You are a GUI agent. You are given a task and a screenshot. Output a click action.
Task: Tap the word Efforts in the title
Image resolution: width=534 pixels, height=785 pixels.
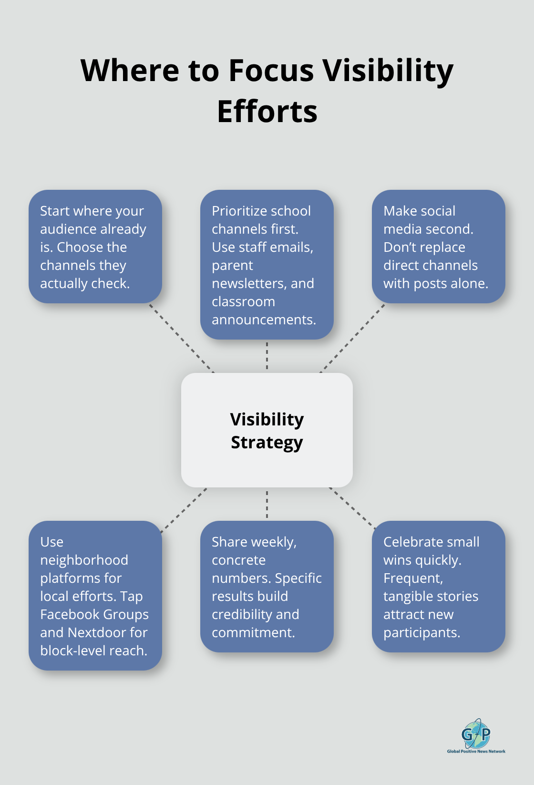point(267,112)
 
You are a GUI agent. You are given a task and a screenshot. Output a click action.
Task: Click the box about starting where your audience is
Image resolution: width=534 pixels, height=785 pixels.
point(95,246)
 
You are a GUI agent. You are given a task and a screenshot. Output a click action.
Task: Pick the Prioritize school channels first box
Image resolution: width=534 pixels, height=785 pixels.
point(267,265)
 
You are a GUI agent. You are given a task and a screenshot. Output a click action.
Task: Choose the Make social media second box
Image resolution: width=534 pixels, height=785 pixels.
point(438,246)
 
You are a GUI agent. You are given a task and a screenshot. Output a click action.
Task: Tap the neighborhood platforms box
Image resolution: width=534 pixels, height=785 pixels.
point(95,595)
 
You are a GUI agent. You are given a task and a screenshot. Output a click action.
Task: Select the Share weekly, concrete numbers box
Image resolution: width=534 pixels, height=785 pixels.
point(267,586)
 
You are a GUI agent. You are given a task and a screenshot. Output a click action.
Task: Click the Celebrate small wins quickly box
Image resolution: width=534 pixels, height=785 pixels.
point(438,586)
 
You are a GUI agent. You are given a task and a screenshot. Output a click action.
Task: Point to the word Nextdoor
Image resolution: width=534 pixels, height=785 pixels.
point(98,632)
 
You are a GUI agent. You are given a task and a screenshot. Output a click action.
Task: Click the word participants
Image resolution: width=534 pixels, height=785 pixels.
point(421,632)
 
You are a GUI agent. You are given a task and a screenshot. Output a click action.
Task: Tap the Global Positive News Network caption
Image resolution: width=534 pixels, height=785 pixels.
point(476,752)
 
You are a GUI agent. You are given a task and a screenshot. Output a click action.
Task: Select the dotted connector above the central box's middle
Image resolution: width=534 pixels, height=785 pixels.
point(267,356)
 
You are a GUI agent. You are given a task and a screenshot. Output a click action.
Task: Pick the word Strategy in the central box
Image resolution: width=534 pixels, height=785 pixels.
point(267,443)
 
